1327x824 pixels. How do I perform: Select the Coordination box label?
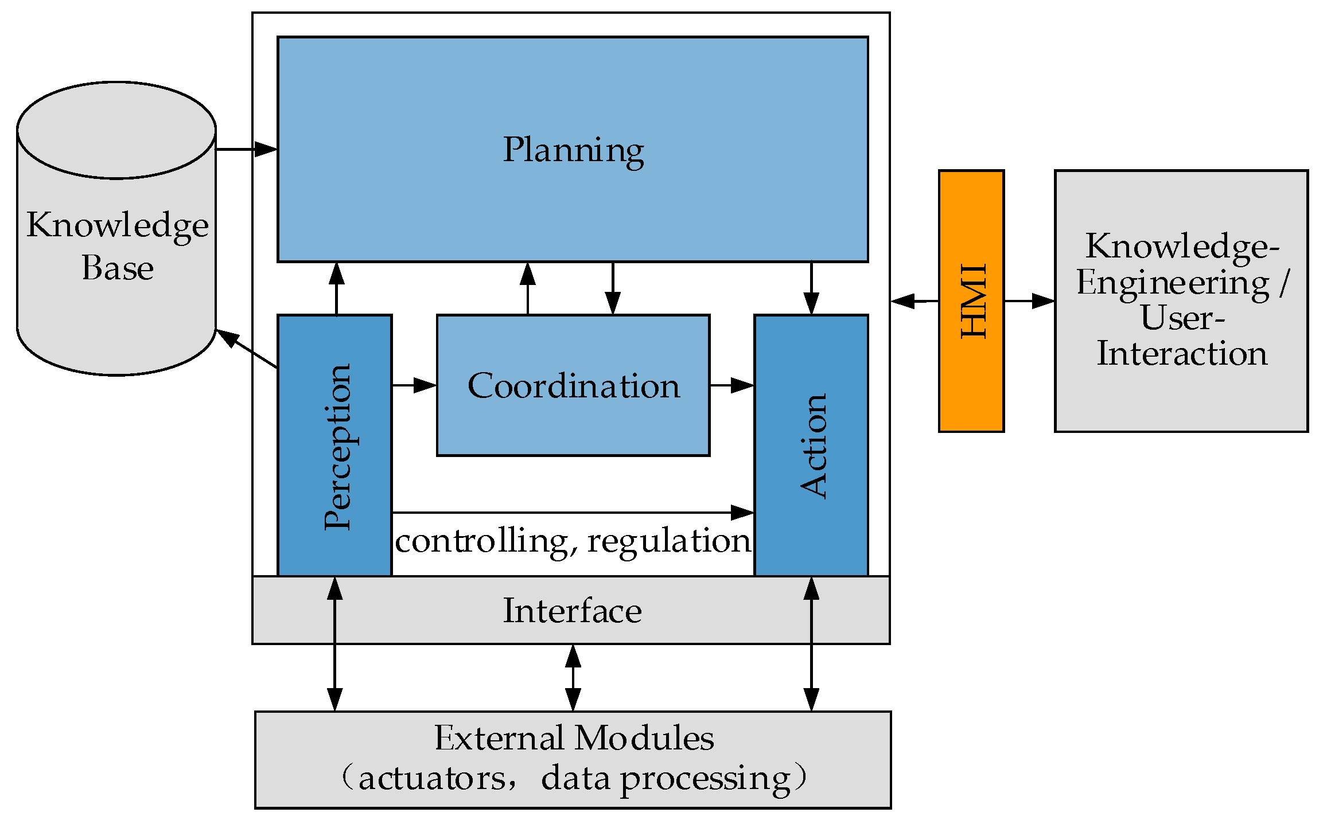pos(573,385)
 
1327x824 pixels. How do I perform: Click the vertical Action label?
pos(813,446)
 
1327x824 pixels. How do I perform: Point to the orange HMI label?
pos(974,300)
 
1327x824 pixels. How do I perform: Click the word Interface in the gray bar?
pos(572,611)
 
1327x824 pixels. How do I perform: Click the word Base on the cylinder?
pos(118,268)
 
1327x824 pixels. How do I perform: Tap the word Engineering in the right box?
pos(1173,283)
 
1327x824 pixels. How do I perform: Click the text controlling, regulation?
pos(573,541)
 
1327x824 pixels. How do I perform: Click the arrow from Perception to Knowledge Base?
pos(247,349)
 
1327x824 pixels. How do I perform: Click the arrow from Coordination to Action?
pos(731,385)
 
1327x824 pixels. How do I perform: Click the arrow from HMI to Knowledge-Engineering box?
pos(1029,300)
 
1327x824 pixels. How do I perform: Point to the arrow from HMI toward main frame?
pos(915,300)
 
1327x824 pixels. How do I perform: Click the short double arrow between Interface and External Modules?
pos(573,678)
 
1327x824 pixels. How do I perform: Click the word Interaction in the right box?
pos(1182,353)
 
